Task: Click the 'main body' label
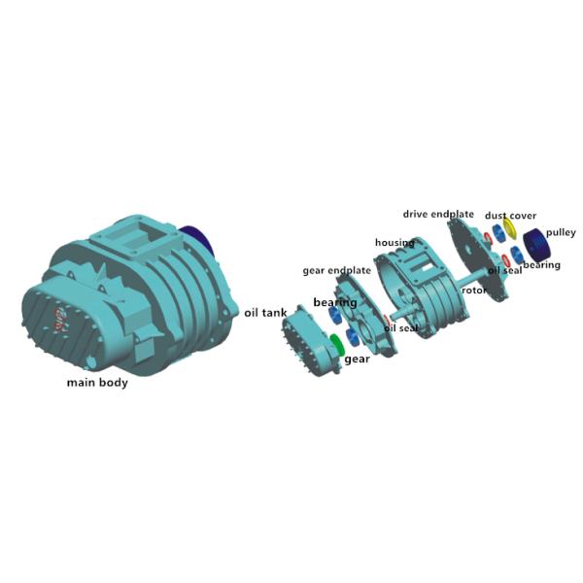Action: tap(96, 382)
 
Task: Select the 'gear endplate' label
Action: tap(336, 270)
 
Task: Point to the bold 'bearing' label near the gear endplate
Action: tap(334, 303)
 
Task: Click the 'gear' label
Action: tap(357, 359)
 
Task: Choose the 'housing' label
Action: tap(394, 242)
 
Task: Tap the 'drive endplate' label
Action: tap(438, 214)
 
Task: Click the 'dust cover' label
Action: tap(510, 216)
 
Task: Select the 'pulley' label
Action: tap(561, 232)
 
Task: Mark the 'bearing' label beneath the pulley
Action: tap(541, 264)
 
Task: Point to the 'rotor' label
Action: tap(474, 290)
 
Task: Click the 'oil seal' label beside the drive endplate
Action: tap(504, 270)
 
